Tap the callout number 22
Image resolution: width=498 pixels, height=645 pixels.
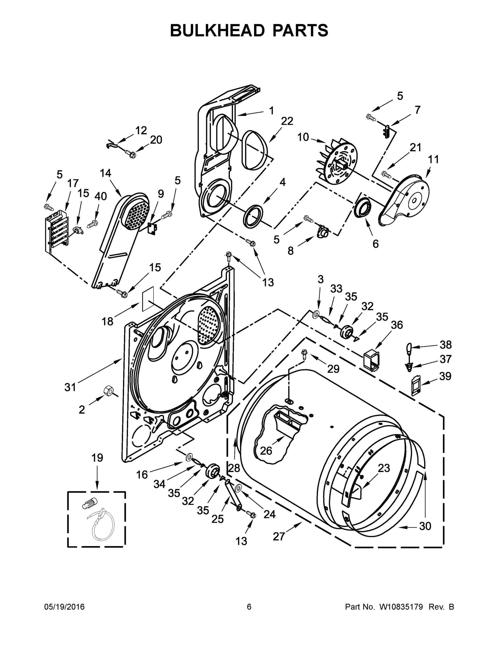click(287, 121)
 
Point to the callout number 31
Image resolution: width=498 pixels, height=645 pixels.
click(70, 387)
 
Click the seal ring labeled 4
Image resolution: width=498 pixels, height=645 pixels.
click(253, 216)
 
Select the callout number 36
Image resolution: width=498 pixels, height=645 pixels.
click(397, 325)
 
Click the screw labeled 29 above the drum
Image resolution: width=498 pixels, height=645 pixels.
click(304, 354)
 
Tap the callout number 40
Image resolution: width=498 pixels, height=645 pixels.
click(101, 196)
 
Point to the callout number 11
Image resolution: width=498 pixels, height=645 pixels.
click(433, 159)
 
